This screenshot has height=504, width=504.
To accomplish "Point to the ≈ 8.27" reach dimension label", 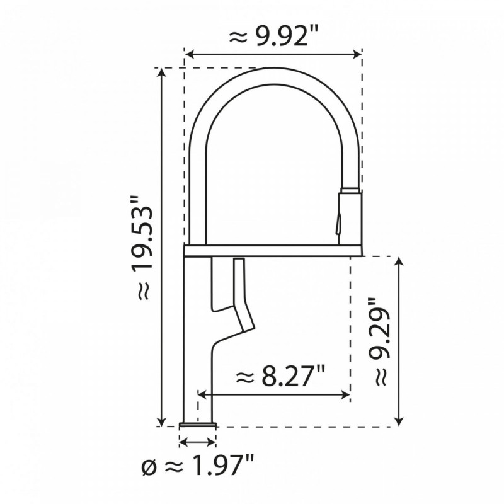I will [x=280, y=378].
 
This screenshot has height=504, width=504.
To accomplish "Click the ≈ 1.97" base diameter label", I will [x=198, y=466].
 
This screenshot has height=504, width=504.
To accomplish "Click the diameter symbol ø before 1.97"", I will [x=148, y=467].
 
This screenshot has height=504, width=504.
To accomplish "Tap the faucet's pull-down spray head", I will [x=350, y=214].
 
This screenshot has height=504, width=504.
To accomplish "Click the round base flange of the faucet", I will [x=198, y=423].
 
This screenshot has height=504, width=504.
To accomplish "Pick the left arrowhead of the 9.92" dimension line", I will [x=188, y=54].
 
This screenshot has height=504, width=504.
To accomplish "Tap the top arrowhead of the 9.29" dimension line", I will [x=398, y=261].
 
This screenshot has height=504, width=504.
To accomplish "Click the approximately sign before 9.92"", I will [x=238, y=37].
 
